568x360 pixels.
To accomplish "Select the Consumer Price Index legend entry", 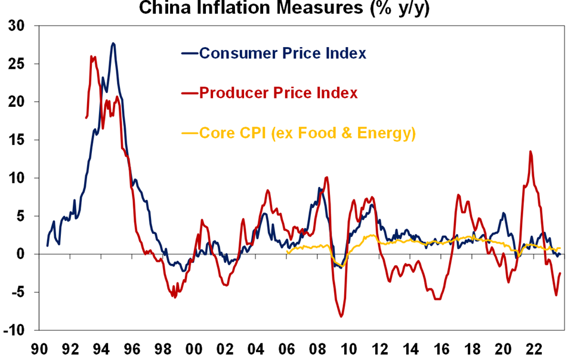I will (282, 53).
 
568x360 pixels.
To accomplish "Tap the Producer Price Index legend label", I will (278, 93).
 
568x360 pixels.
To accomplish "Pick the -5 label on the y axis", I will (20, 292).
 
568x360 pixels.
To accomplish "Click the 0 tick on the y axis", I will (26, 254).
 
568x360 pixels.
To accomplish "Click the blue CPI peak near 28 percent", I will (113, 43).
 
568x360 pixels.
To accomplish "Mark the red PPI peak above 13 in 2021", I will (530, 152).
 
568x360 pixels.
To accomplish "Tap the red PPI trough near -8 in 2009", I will (341, 316).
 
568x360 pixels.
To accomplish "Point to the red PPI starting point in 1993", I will (87, 117).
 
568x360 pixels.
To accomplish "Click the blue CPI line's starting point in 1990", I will (47, 245).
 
